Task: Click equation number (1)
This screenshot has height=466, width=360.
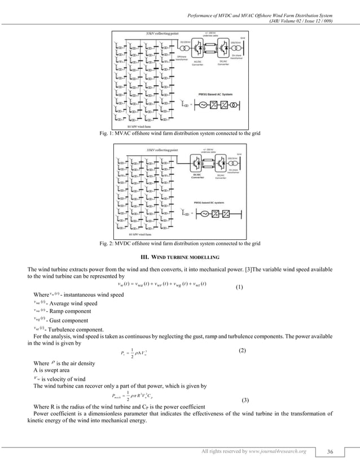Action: (239, 287)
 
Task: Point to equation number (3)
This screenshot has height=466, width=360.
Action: (245, 400)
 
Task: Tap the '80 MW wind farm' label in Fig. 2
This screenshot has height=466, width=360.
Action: (140, 234)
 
